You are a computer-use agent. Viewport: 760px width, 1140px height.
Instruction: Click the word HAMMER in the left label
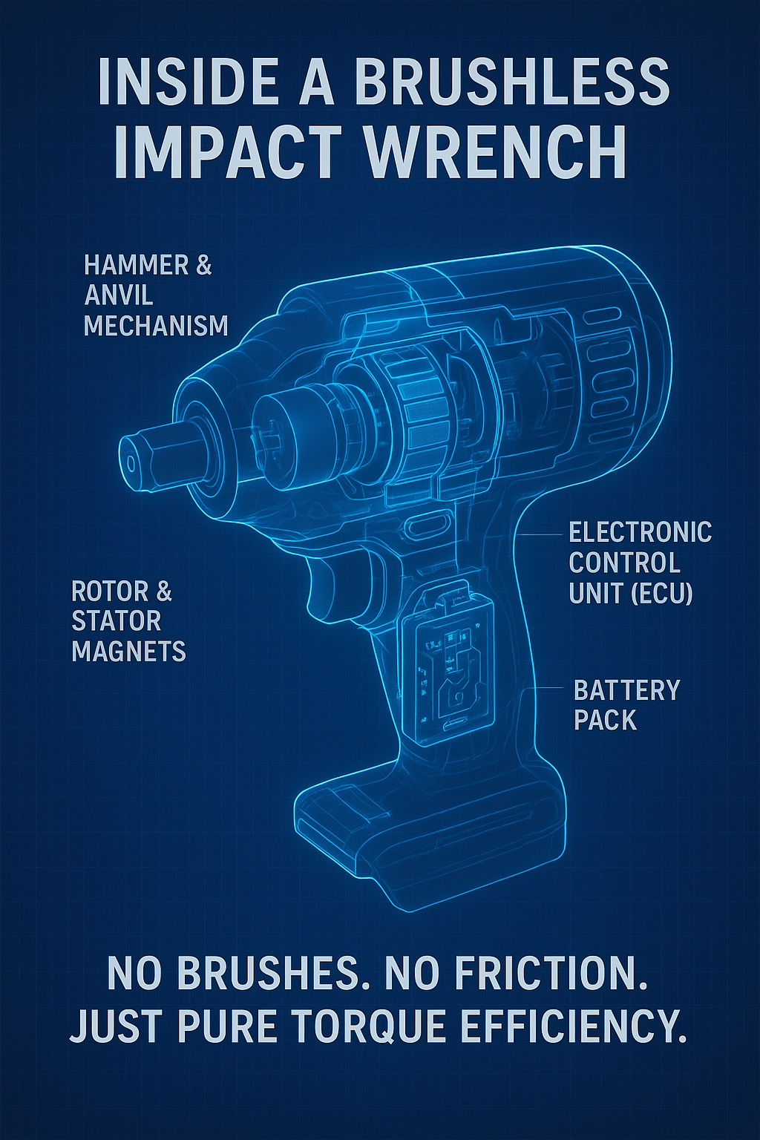(133, 265)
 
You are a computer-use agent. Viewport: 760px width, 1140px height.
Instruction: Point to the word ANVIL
(119, 295)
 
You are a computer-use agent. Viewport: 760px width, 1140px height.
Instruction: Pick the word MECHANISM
(156, 325)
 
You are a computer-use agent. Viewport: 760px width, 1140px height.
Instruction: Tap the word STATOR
(117, 621)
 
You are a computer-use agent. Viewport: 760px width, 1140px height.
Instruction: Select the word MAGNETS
(129, 651)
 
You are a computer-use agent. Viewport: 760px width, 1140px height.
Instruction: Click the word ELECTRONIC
(640, 532)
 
